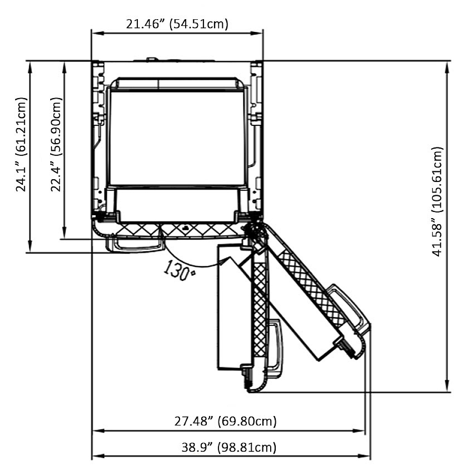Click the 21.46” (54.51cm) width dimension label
click(x=177, y=23)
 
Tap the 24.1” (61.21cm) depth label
click(x=21, y=144)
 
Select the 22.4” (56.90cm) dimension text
click(x=56, y=144)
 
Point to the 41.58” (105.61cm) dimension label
click(x=437, y=201)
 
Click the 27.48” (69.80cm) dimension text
click(x=226, y=421)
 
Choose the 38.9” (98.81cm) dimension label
click(x=229, y=447)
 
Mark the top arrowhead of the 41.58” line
click(x=447, y=68)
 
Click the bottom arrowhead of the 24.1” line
click(x=30, y=247)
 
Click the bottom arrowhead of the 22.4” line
click(x=64, y=233)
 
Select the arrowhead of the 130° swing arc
click(x=224, y=261)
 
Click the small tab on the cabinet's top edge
click(x=152, y=59)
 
